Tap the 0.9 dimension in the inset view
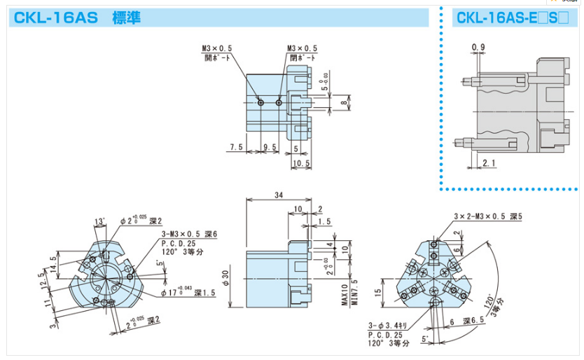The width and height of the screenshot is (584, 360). [478, 47]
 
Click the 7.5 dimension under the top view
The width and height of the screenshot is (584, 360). [236, 148]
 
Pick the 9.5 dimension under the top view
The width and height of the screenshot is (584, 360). [270, 148]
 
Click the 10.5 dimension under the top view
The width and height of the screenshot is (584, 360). [301, 162]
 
